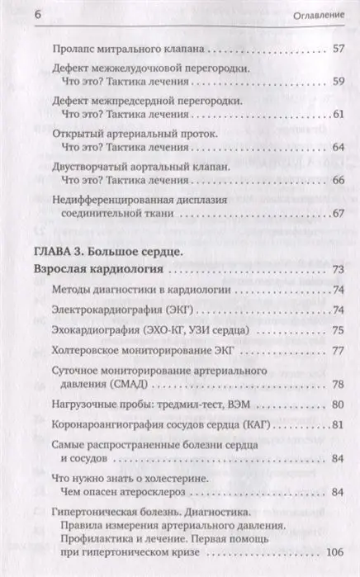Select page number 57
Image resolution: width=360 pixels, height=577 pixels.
[335, 50]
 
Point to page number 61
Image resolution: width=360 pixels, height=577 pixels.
[335, 113]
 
